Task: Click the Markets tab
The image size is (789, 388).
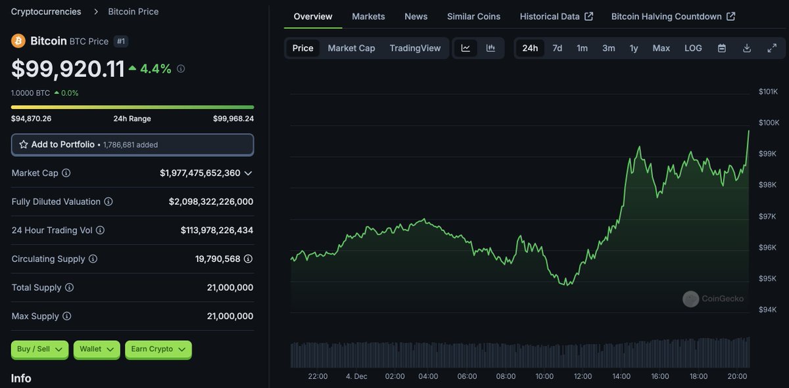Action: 368,16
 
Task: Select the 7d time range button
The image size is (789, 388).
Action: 557,48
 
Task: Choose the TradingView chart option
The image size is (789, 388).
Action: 415,48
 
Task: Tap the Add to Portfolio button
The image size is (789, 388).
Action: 132,144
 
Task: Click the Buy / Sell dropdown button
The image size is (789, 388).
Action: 39,349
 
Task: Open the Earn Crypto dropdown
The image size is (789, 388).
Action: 158,349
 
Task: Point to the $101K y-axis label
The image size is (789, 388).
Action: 768,91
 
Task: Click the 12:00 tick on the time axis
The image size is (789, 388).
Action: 583,376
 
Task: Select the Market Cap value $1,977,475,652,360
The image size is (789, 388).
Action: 200,173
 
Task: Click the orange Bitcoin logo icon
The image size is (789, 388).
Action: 18,41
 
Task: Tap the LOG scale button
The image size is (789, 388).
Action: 693,48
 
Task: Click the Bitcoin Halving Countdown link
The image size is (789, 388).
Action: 673,16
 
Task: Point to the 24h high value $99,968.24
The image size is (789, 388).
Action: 233,119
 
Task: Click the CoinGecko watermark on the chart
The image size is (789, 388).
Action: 713,299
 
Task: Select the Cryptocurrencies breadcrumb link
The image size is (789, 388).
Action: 46,12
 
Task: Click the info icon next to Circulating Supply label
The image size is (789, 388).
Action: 93,259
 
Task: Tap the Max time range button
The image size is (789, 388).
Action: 661,48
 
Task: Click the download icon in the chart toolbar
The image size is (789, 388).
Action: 747,48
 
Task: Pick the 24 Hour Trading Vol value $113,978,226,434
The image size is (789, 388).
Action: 216,230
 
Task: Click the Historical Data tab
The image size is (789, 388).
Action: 556,16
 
